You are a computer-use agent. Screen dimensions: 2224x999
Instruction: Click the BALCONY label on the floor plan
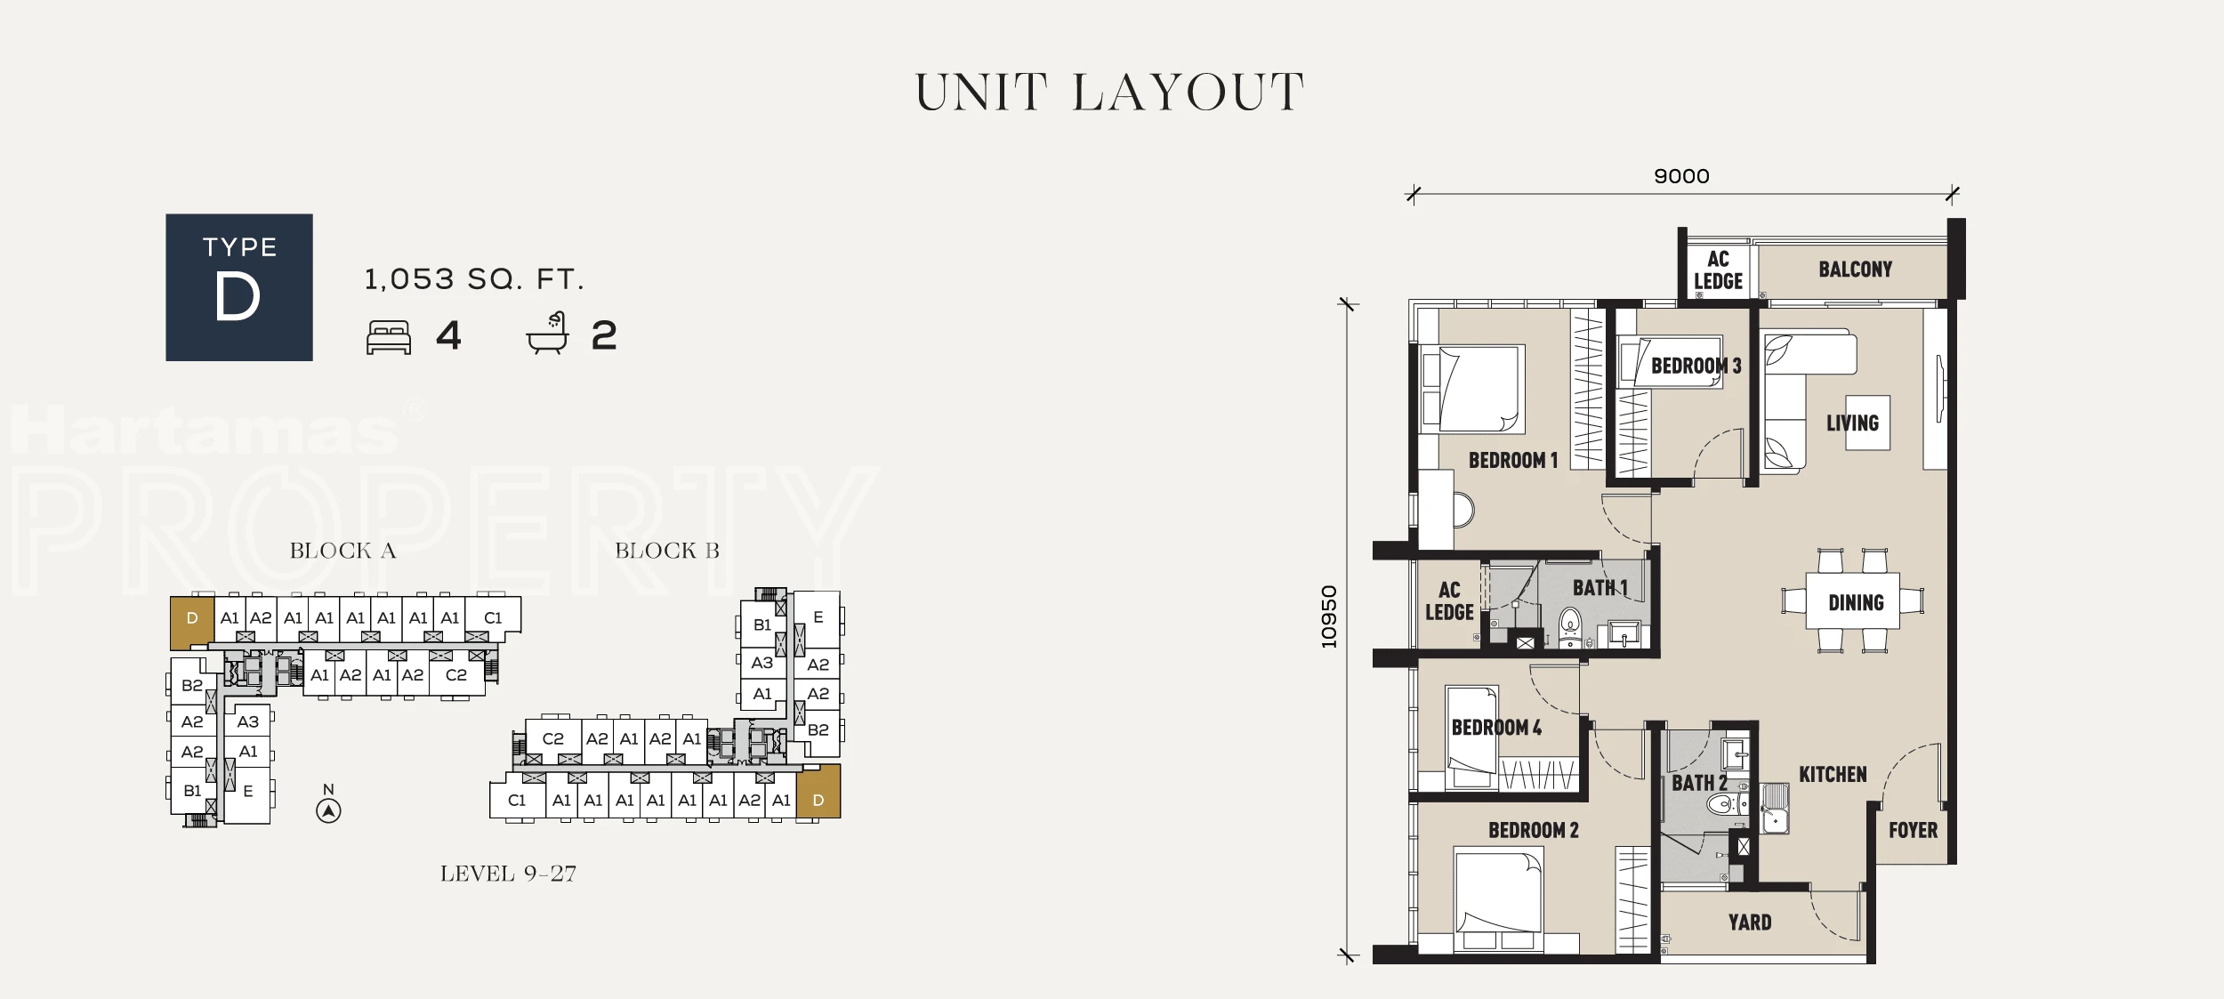point(1855,269)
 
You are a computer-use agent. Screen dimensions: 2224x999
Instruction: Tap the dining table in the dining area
point(1853,601)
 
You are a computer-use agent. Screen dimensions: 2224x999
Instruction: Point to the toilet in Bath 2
point(1726,805)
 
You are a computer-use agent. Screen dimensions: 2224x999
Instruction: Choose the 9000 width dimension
point(1681,176)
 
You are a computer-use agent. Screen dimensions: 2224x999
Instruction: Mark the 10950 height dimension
point(1329,616)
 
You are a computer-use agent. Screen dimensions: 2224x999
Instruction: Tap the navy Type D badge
point(239,287)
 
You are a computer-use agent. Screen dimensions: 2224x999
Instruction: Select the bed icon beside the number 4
point(389,338)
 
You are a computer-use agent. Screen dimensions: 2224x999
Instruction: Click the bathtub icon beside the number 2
point(548,333)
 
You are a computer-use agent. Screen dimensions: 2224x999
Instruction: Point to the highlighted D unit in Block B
point(818,791)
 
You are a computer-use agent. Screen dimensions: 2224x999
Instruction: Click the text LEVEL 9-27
point(508,874)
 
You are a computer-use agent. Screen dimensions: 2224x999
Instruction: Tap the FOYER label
point(1913,830)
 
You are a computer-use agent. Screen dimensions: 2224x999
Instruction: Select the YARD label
point(1750,922)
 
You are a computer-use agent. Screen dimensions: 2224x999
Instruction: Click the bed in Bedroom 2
point(1499,899)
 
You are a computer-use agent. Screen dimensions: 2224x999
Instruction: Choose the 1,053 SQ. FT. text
point(474,279)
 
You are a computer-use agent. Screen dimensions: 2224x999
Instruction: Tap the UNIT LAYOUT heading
point(1110,93)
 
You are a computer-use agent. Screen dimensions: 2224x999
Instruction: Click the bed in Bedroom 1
point(1474,389)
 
